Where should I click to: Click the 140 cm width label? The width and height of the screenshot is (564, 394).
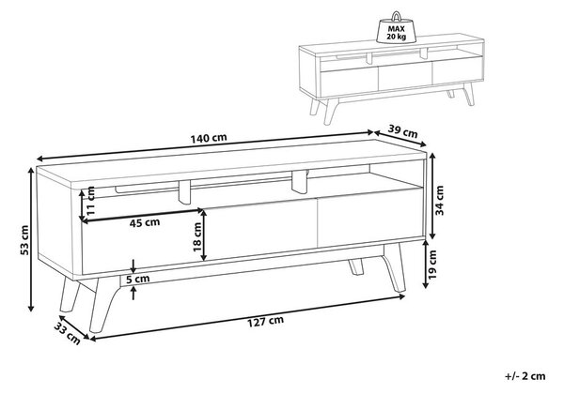tap(209, 138)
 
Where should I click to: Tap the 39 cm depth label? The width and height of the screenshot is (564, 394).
tap(403, 131)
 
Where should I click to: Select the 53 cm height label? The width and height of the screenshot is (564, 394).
tap(24, 240)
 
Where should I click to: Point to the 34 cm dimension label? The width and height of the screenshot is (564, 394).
tap(440, 200)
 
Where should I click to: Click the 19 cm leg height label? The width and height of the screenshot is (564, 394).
tap(432, 265)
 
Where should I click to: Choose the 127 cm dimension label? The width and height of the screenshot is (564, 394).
tap(265, 321)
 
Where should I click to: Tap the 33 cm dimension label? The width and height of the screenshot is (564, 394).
tap(68, 333)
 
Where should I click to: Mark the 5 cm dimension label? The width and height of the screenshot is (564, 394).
tap(138, 279)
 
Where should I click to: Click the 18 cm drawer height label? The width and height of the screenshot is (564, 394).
tap(197, 236)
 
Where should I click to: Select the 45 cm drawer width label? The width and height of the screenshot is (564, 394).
tap(145, 223)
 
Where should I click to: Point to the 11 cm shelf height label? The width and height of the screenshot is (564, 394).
tap(90, 200)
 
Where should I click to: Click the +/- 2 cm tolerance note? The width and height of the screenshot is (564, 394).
tap(525, 376)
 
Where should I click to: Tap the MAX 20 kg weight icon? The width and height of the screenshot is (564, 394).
tap(397, 28)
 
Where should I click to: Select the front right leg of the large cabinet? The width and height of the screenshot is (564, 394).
tap(394, 267)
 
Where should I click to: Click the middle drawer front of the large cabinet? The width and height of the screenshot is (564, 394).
tap(259, 231)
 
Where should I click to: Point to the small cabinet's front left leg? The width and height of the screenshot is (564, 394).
tap(330, 112)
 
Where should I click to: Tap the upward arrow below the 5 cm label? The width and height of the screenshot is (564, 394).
tap(133, 293)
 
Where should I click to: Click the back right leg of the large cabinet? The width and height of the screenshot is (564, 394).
tap(356, 266)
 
